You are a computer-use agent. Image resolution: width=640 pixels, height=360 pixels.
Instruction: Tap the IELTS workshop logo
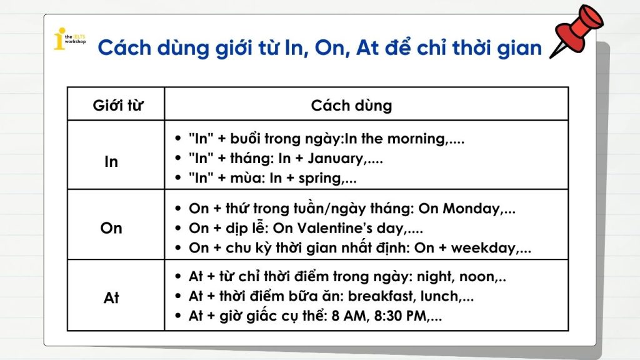point(70,39)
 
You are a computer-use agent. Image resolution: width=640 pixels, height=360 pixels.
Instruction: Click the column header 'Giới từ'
point(118,105)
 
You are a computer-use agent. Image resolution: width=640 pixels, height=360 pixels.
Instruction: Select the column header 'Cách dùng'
point(351,105)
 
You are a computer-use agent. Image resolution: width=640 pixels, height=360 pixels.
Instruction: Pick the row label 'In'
point(111,162)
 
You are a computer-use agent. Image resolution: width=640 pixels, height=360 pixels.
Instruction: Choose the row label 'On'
point(111,227)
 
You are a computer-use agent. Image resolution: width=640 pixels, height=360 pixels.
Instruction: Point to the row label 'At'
point(111,297)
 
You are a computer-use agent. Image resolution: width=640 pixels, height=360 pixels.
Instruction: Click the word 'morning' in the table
point(416,139)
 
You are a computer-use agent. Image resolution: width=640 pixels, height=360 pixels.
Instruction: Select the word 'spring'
point(320,178)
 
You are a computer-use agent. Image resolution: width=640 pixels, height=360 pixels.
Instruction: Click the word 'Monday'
point(471,209)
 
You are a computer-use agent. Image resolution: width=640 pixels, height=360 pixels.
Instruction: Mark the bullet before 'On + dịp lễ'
point(177,227)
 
